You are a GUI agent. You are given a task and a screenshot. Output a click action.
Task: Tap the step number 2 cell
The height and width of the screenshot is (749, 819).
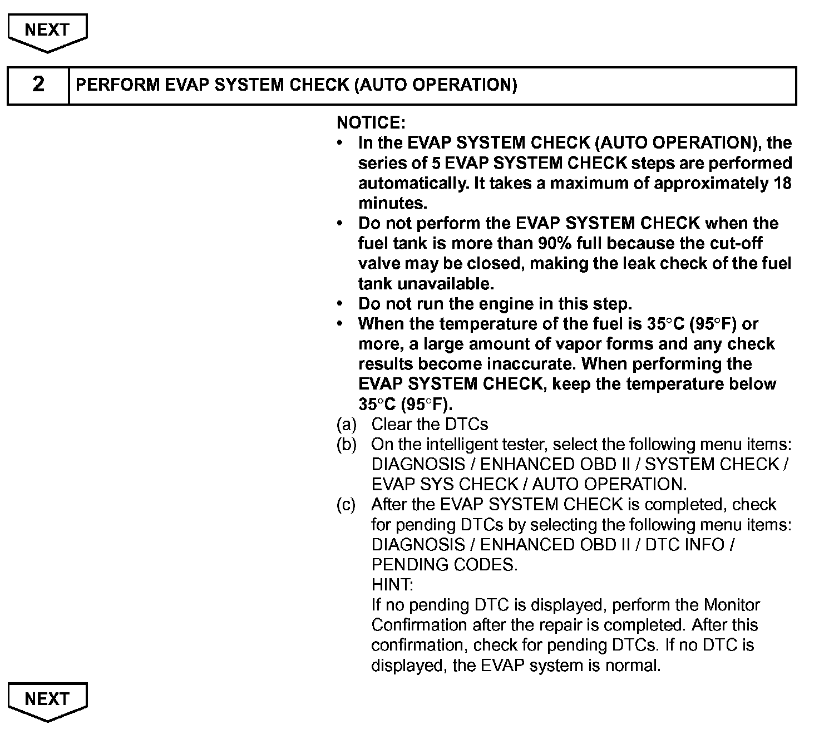click(x=38, y=85)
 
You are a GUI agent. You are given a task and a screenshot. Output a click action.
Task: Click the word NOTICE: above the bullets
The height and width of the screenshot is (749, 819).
click(x=371, y=123)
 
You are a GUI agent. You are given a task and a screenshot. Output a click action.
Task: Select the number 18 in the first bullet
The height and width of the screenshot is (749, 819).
click(x=782, y=183)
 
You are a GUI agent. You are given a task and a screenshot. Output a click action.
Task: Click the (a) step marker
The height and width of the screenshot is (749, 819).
click(x=346, y=425)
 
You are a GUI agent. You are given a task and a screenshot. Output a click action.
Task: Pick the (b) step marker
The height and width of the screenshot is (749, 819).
click(x=346, y=445)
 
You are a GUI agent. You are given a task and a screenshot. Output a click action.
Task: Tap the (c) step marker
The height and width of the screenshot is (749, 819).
click(x=346, y=505)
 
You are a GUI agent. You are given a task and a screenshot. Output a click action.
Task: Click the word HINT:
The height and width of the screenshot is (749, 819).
click(x=392, y=585)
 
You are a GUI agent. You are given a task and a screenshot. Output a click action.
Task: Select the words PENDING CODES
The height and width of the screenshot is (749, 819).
click(x=444, y=565)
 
